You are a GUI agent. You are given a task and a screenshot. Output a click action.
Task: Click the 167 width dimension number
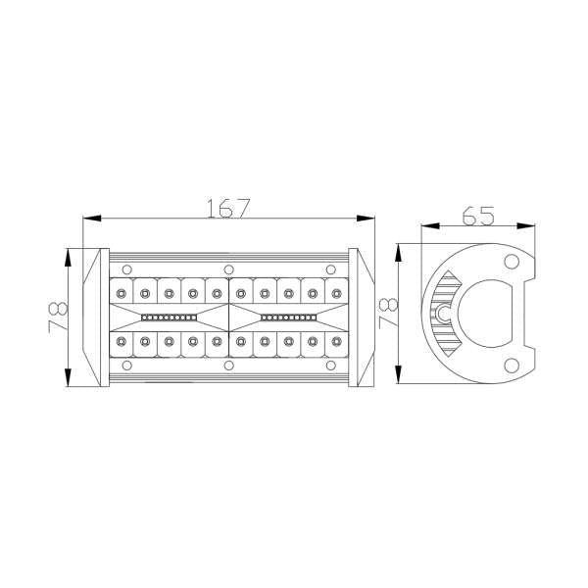click(229, 208)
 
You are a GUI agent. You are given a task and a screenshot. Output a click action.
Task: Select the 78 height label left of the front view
click(57, 317)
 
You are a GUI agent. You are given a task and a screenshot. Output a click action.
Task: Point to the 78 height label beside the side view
click(386, 313)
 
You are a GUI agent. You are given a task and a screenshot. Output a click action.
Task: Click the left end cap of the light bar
click(94, 317)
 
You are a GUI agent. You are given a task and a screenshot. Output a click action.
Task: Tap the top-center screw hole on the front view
click(228, 269)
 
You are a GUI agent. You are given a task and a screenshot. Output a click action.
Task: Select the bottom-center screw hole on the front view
click(228, 366)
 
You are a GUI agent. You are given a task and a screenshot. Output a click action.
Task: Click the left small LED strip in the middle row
click(171, 318)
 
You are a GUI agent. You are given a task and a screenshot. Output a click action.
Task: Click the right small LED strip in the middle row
click(287, 318)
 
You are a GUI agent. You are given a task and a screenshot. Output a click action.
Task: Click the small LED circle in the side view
click(443, 314)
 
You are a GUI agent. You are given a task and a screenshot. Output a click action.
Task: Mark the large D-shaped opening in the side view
click(486, 314)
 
